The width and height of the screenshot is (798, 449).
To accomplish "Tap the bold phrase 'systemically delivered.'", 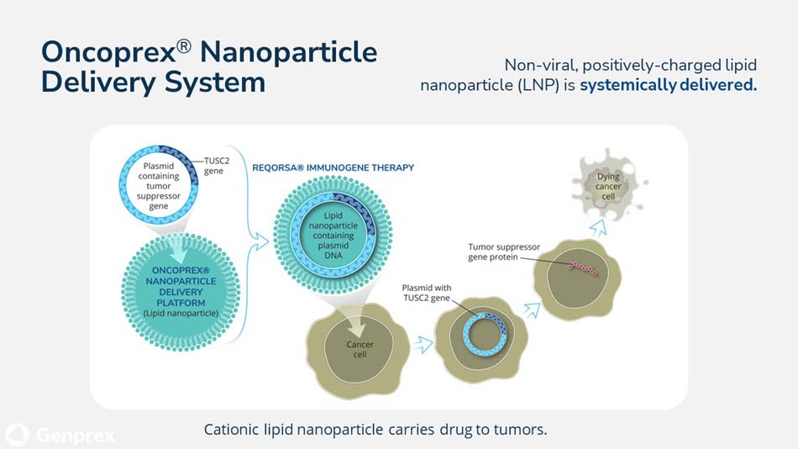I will click(668, 85).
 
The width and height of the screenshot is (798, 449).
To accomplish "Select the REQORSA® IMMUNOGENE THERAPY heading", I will click(333, 167).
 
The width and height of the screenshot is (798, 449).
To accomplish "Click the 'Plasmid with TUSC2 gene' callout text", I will click(427, 293).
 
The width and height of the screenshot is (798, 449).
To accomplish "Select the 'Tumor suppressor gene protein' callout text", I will click(504, 251).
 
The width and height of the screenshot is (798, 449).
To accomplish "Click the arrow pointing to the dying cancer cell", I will click(597, 226).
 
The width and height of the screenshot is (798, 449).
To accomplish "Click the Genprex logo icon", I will click(17, 435).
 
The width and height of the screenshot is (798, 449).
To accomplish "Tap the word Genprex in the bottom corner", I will click(76, 435).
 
